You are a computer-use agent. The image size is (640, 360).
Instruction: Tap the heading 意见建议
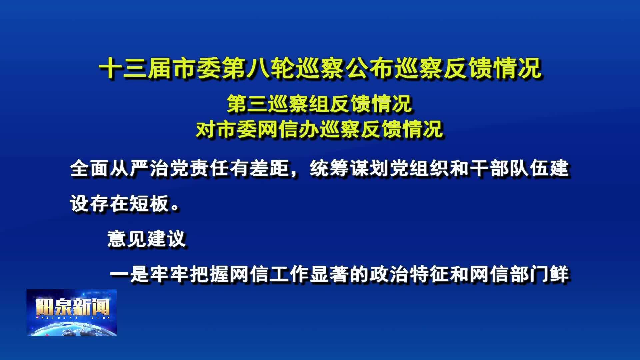tap(146, 239)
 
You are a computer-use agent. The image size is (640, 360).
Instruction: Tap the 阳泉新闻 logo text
tap(72, 307)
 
